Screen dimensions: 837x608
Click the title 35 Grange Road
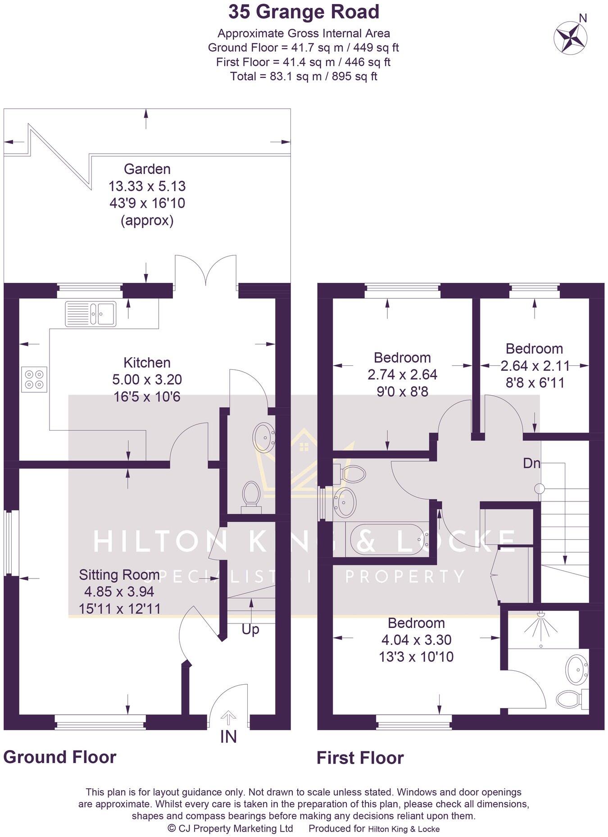[x=304, y=12]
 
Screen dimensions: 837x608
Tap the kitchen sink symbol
[x=91, y=313]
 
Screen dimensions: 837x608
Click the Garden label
[x=147, y=169]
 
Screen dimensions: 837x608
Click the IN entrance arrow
[x=229, y=717]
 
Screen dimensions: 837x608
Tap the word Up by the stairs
[x=250, y=629]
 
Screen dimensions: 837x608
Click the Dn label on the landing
[x=531, y=463]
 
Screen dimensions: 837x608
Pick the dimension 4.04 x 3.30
[x=416, y=640]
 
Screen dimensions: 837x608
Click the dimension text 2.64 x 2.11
[x=535, y=365]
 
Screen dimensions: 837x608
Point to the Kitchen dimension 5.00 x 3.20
[x=147, y=379]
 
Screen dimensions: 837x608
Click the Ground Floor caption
[x=60, y=757]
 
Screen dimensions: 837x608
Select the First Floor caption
[x=360, y=758]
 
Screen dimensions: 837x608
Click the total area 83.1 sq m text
[x=304, y=76]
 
